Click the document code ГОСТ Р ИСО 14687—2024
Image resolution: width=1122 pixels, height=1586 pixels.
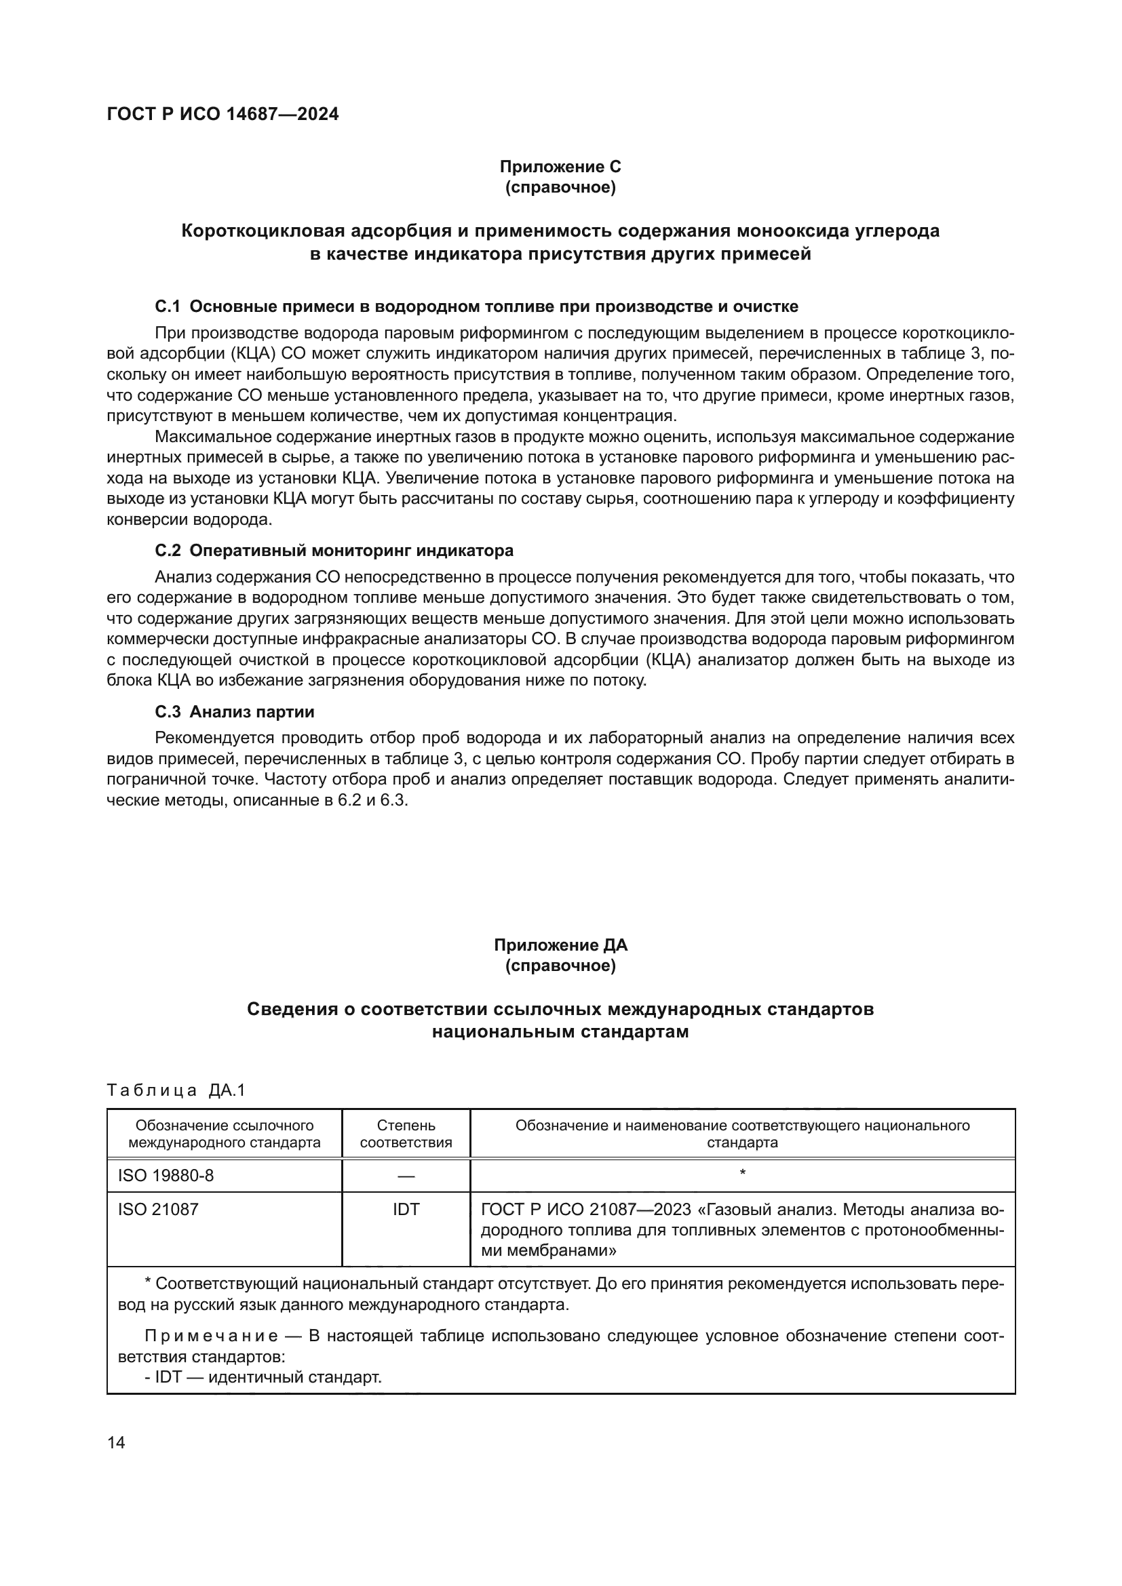coord(223,115)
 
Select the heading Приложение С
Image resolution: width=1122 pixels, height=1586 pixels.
coord(560,167)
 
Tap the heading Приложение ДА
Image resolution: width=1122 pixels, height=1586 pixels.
coord(560,945)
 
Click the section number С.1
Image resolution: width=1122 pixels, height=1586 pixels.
coord(167,306)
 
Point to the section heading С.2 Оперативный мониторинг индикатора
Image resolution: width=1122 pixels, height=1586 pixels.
coord(334,551)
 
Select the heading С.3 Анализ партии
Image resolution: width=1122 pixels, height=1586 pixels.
coord(234,711)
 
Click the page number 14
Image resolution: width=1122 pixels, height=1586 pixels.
coord(116,1442)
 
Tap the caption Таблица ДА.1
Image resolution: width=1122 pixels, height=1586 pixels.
coord(176,1091)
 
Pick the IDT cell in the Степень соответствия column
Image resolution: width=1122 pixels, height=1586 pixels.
coord(406,1210)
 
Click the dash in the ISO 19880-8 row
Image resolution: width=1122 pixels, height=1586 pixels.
coord(406,1175)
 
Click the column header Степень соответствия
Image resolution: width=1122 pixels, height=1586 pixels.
coord(406,1134)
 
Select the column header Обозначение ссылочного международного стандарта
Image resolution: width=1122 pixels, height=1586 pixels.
coord(225,1134)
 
